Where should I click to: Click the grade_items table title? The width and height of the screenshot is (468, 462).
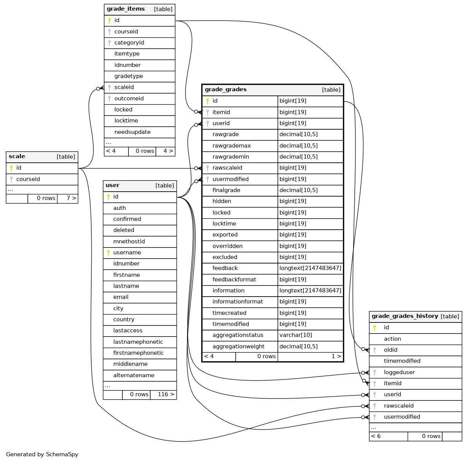126,9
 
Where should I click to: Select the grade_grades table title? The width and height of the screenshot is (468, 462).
226,90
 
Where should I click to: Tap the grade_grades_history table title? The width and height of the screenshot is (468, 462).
405,316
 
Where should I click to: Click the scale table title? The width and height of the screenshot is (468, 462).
17,157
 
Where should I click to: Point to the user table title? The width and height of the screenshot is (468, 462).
113,186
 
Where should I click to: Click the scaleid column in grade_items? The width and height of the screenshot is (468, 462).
124,87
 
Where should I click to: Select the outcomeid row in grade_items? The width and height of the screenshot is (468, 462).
129,98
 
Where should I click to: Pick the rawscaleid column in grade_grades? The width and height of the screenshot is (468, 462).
227,168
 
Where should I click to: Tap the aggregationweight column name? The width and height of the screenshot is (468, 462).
238,346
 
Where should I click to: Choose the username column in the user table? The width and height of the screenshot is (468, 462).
127,253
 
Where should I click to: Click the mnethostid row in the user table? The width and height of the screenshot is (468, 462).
129,241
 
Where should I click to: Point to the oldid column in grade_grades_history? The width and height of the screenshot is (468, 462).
390,350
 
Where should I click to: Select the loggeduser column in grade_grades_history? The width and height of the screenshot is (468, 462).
399,373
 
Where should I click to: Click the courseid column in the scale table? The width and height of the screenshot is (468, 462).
28,179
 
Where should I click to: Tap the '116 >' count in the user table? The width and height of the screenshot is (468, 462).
166,395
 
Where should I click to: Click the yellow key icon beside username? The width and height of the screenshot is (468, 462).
108,253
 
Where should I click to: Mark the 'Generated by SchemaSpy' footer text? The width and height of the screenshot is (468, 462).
42,454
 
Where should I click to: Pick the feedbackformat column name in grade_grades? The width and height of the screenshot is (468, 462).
234,279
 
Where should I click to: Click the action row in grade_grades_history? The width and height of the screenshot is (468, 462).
392,339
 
